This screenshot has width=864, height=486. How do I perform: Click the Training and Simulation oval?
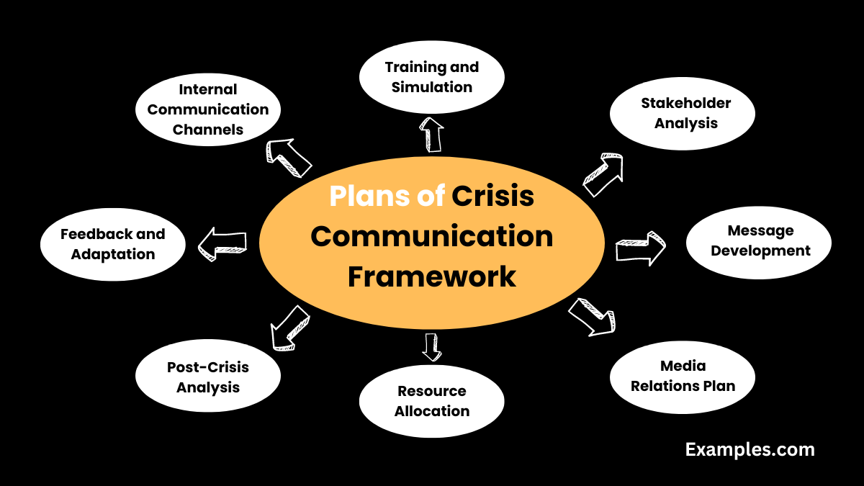coord(431,78)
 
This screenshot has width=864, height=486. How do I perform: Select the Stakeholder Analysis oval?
coord(683,114)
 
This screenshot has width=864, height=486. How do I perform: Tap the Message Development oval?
coord(759,242)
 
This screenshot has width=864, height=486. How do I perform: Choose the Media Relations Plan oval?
coord(683,377)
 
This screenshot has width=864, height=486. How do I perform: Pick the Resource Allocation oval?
coord(431,401)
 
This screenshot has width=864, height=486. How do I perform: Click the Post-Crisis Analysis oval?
coord(208,377)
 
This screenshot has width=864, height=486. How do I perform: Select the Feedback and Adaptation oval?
coord(113,245)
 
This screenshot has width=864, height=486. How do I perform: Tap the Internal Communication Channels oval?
coord(208,110)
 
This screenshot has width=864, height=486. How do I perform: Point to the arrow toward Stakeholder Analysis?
coord(602,175)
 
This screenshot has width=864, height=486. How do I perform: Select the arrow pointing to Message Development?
coord(640,248)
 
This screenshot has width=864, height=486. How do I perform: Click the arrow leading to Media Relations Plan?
coord(592,316)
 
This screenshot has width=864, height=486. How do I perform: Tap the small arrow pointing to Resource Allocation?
coord(431,346)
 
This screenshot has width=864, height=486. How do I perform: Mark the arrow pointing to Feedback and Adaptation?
coord(222,243)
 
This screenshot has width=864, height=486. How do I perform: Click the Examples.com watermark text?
coord(750,450)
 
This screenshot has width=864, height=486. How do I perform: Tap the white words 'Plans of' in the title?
coord(387,197)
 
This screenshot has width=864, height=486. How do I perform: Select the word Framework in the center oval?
coord(431,276)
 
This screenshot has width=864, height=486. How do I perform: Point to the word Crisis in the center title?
coord(493,197)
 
